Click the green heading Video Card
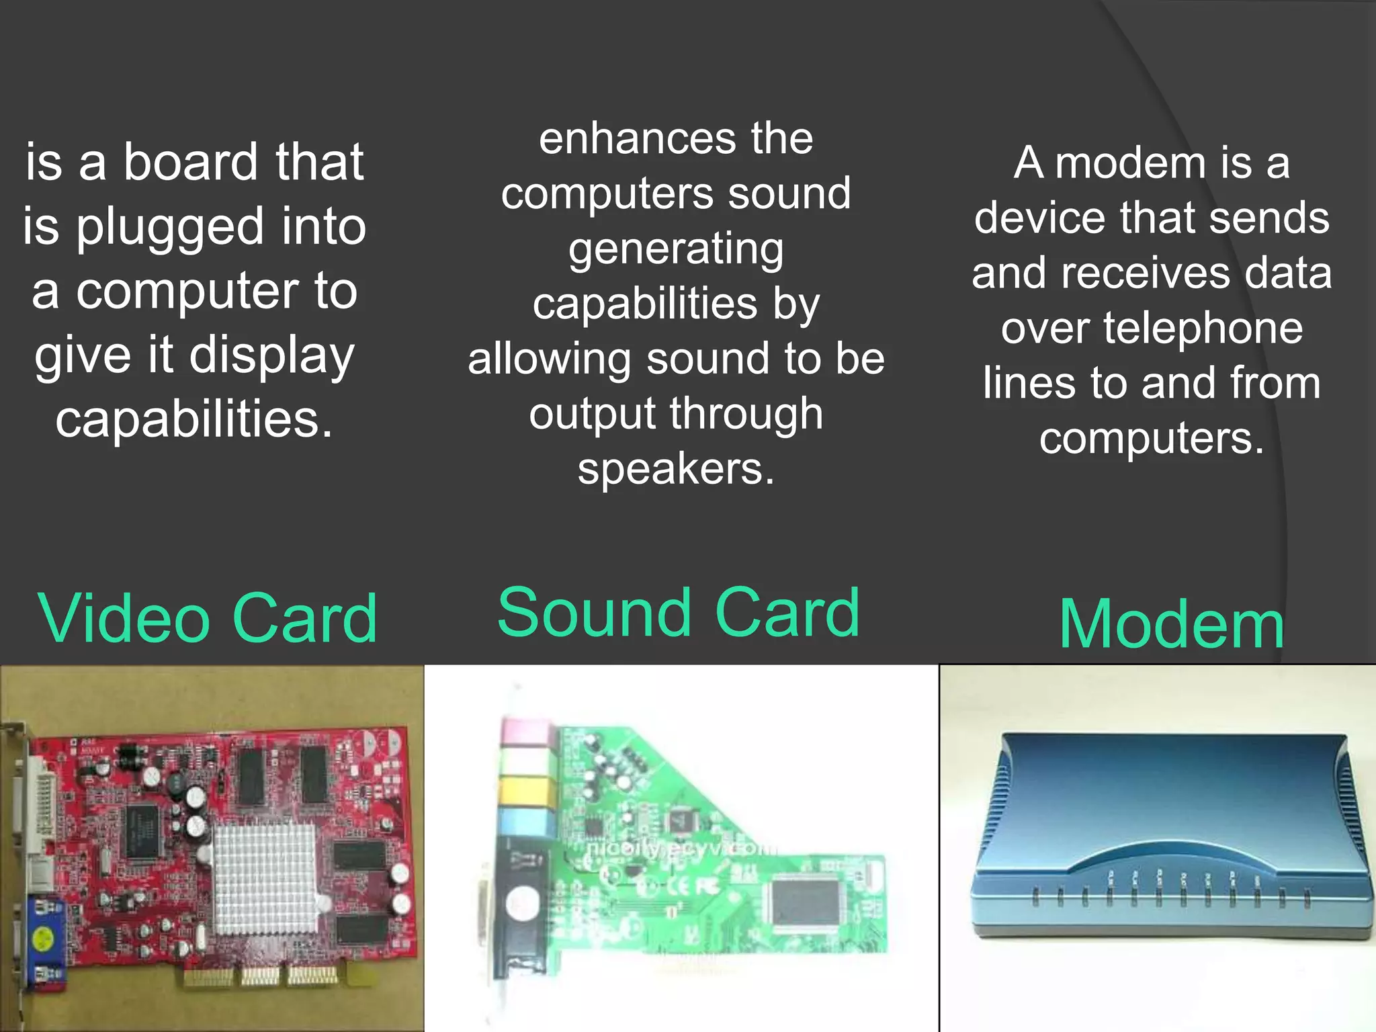tap(207, 619)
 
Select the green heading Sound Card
tap(678, 612)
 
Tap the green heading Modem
tap(1171, 625)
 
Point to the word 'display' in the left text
tap(272, 357)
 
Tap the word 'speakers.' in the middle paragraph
tap(676, 468)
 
